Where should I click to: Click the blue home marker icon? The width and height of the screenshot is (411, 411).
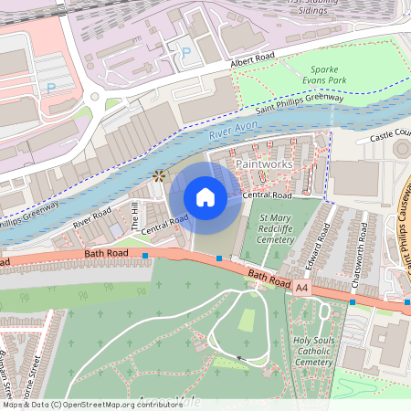(x=205, y=197)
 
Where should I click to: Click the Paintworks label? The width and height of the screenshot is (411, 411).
(x=264, y=163)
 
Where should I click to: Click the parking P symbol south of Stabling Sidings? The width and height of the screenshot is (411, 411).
(x=186, y=53)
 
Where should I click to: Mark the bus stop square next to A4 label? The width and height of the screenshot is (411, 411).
(x=353, y=301)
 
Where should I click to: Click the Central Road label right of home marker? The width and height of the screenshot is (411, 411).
(x=267, y=195)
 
